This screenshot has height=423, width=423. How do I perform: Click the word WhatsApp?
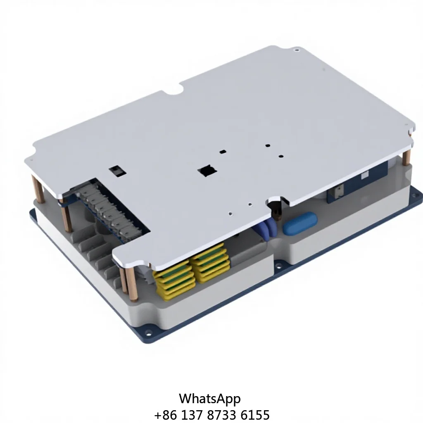pos(209,399)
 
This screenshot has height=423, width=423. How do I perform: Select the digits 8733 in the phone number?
pos(224,415)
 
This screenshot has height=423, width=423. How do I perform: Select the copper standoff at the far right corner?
pos(406,157)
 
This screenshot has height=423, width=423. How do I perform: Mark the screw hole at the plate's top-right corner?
pos(296,50)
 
